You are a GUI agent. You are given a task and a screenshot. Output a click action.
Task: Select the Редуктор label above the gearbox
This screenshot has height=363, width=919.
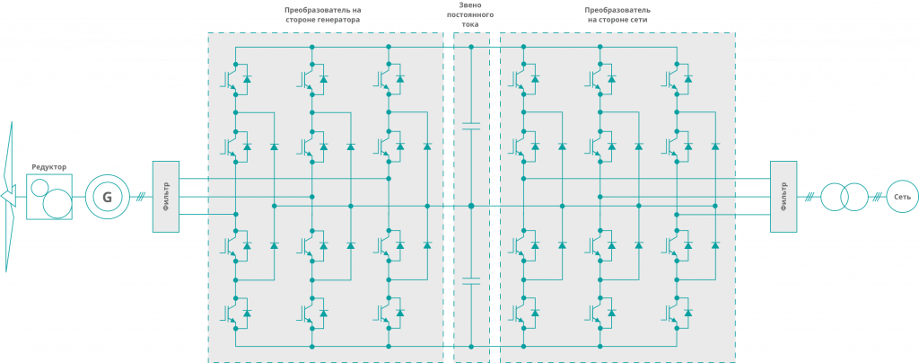49,167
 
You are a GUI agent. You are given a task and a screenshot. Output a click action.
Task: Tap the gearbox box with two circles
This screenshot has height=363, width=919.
49,197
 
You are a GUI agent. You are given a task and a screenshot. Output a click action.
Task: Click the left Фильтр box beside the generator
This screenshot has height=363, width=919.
166,197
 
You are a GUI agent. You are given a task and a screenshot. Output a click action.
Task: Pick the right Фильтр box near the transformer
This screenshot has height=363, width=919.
784,197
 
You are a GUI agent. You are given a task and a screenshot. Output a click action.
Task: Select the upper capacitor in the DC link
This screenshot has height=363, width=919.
471,126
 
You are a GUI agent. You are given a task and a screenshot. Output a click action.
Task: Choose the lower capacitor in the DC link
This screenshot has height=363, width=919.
471,280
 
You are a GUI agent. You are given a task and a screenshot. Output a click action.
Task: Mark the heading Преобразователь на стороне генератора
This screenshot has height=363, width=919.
322,14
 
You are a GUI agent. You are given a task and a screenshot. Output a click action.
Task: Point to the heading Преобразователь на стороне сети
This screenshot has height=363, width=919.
617,14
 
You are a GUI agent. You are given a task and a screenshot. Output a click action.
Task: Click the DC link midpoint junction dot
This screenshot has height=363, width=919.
471,206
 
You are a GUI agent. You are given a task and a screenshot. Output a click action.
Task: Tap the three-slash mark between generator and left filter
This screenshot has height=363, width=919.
140,197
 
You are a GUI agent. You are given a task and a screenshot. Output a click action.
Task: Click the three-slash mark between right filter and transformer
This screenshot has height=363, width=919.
809,197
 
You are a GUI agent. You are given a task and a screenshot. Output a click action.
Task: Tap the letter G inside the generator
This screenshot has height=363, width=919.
107,198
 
